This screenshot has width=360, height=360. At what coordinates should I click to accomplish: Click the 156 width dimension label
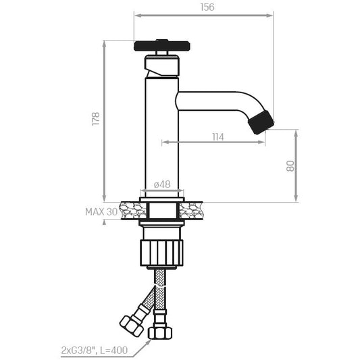click(x=207, y=7)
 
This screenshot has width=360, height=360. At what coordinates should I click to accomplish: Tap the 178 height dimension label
click(x=96, y=119)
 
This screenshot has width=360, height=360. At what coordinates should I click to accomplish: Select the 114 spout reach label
click(x=218, y=137)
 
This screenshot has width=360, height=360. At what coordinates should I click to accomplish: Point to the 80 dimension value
click(x=290, y=165)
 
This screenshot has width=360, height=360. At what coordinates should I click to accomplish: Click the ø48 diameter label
click(x=162, y=184)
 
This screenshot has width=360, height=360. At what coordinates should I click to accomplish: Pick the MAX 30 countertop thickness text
click(x=101, y=211)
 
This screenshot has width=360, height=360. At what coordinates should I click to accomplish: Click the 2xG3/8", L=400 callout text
click(x=95, y=351)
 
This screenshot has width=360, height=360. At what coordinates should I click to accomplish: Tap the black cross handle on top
click(x=161, y=46)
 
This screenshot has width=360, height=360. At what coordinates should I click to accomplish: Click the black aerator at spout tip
click(x=261, y=122)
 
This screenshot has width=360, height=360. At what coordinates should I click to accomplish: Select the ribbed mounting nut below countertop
click(x=161, y=253)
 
